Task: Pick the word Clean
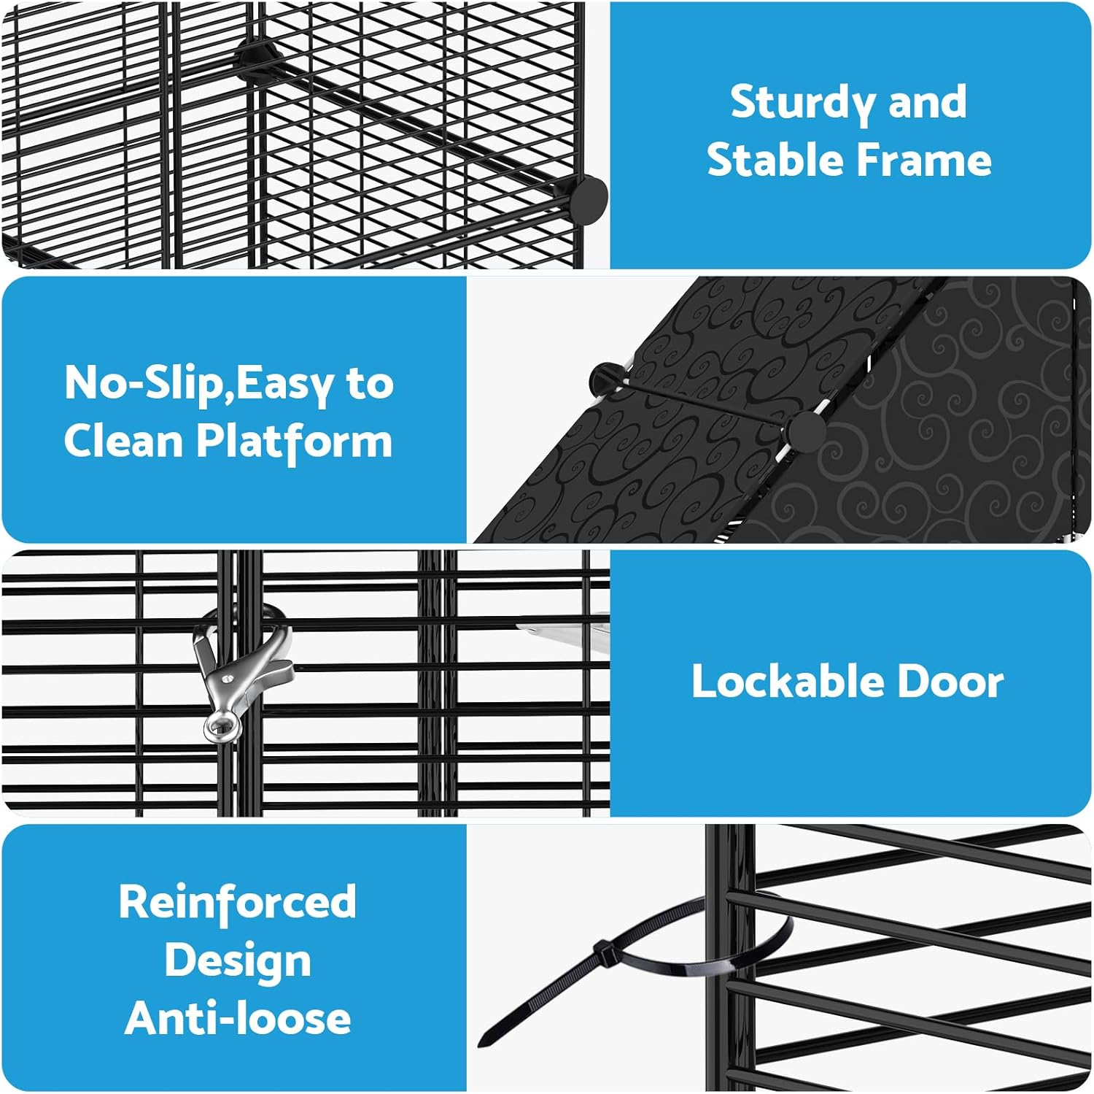point(123,441)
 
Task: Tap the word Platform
point(294,442)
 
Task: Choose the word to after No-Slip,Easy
point(370,383)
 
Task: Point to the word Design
point(238,961)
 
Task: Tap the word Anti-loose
point(238,1018)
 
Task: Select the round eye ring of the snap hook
point(221,727)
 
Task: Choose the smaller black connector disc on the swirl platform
point(602,378)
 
